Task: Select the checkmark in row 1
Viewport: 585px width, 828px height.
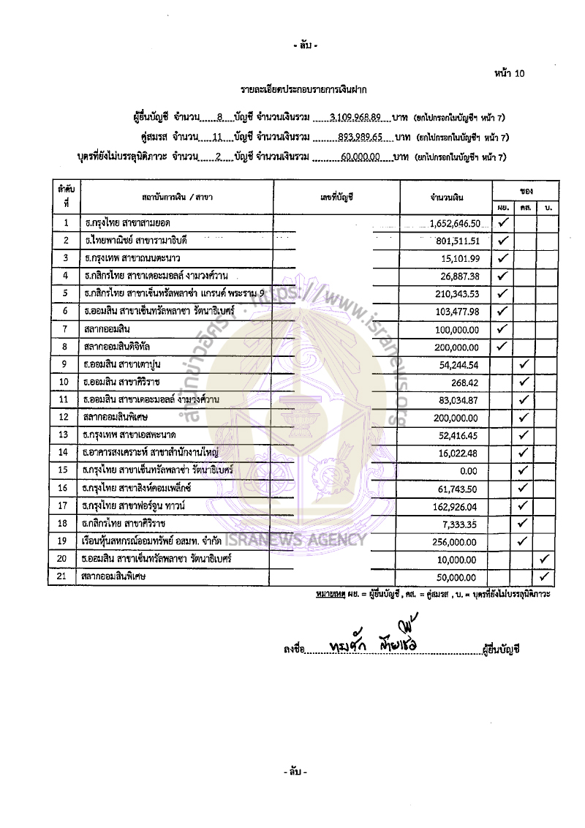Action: click(x=502, y=222)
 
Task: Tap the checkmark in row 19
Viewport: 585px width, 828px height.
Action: click(x=524, y=541)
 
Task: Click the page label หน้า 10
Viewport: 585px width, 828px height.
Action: click(x=510, y=73)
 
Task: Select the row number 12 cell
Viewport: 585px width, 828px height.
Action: click(x=66, y=417)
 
